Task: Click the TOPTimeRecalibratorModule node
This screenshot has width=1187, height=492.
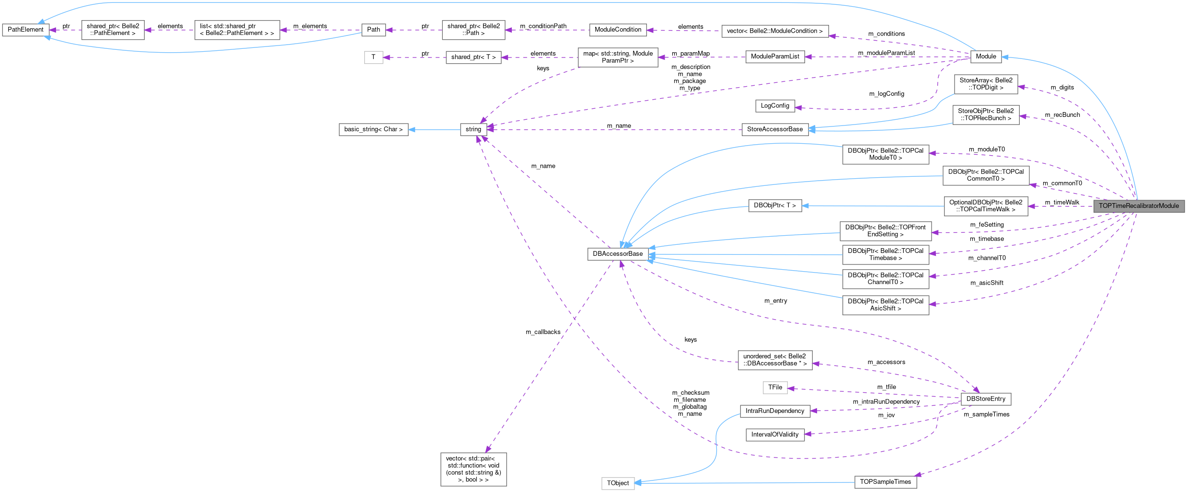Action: coord(1139,206)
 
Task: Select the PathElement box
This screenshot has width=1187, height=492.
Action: coord(25,30)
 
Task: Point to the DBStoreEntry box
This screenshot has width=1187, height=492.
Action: coord(986,399)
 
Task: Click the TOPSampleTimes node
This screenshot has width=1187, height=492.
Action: coord(885,482)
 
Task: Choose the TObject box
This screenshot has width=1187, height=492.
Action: coord(618,483)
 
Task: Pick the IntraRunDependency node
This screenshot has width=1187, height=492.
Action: coord(775,411)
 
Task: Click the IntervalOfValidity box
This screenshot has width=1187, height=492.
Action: coord(775,435)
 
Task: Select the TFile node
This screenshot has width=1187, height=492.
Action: coord(775,387)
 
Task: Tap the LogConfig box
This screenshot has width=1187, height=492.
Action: coord(775,105)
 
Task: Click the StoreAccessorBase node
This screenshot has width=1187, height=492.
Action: coord(775,129)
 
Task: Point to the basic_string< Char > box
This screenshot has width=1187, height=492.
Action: coord(373,129)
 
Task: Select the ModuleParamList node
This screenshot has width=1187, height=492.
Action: coord(775,57)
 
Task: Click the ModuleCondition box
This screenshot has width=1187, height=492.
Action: coord(618,30)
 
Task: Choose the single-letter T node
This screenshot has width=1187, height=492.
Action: coord(373,57)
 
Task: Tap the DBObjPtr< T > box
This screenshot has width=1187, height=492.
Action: coord(775,206)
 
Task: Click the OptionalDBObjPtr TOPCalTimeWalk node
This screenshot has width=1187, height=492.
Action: coord(986,206)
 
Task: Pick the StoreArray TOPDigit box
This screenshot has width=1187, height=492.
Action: coord(986,84)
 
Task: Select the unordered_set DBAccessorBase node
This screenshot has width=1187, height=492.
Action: coord(775,360)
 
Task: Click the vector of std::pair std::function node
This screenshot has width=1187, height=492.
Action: coord(473,469)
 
